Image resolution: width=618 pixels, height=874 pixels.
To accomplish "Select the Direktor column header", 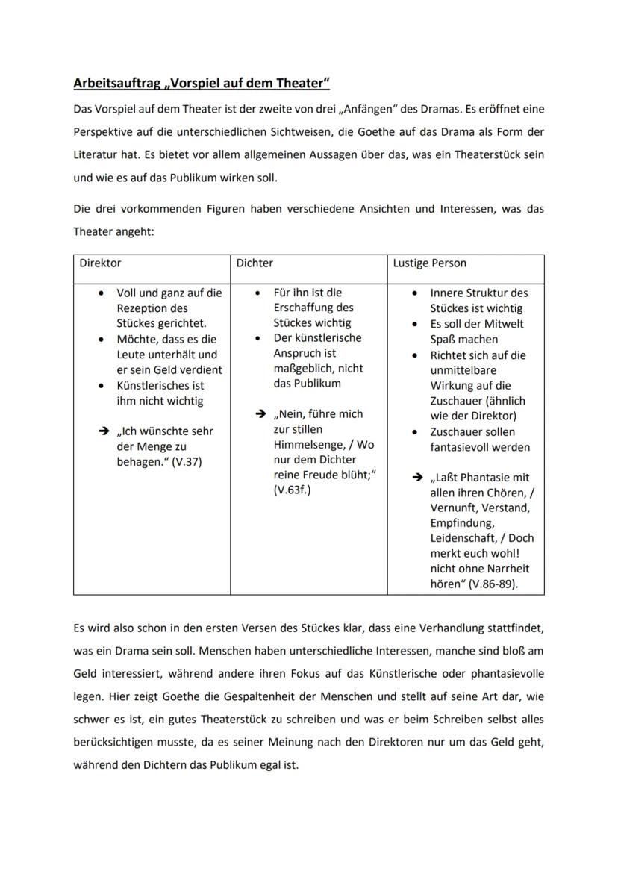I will click(x=100, y=263).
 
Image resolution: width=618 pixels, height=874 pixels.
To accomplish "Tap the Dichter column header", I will click(x=255, y=263).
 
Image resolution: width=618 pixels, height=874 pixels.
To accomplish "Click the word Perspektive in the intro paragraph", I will click(x=105, y=132).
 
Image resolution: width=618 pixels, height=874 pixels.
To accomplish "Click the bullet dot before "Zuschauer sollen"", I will click(x=416, y=432).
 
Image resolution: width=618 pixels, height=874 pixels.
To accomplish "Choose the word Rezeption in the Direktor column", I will click(x=142, y=308).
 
